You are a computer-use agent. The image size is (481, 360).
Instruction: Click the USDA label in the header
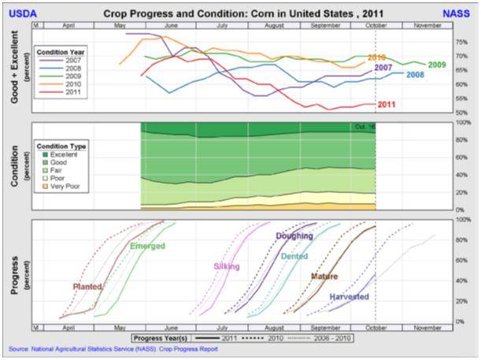coord(20,14)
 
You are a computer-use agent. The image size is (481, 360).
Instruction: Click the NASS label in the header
coord(460,14)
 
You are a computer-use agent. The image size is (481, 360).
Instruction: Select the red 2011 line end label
coord(387,105)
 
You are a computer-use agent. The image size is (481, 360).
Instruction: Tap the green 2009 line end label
coord(438,65)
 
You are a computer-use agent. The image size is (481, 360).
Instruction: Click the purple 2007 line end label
coord(383,69)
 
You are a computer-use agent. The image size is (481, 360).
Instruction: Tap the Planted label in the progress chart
coord(87,287)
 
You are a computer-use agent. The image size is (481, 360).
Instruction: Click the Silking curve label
coord(228,267)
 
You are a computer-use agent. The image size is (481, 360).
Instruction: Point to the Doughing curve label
coord(294,236)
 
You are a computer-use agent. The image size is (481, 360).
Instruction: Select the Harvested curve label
coord(349,297)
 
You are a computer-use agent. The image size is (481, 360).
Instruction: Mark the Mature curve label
coord(324,276)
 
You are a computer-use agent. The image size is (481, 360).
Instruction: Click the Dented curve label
coord(294,256)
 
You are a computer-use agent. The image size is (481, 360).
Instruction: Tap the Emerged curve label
coord(147,247)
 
